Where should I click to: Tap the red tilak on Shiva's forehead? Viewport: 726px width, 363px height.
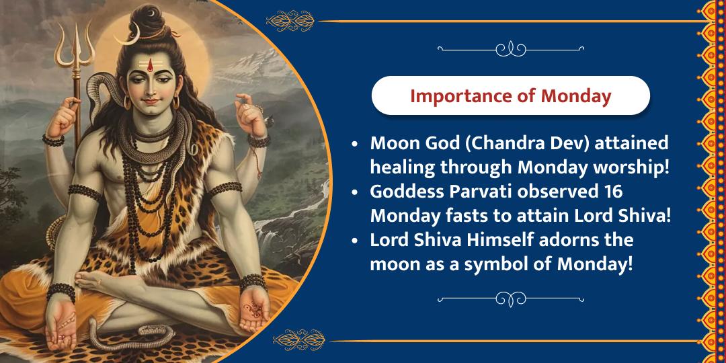pos(150,67)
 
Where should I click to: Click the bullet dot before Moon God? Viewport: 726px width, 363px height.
pos(355,145)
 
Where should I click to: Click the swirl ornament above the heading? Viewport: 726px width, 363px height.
pos(511,48)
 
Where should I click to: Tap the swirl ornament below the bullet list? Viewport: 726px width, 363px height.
pos(511,299)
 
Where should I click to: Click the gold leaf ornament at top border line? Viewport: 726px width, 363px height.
pos(290,22)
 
